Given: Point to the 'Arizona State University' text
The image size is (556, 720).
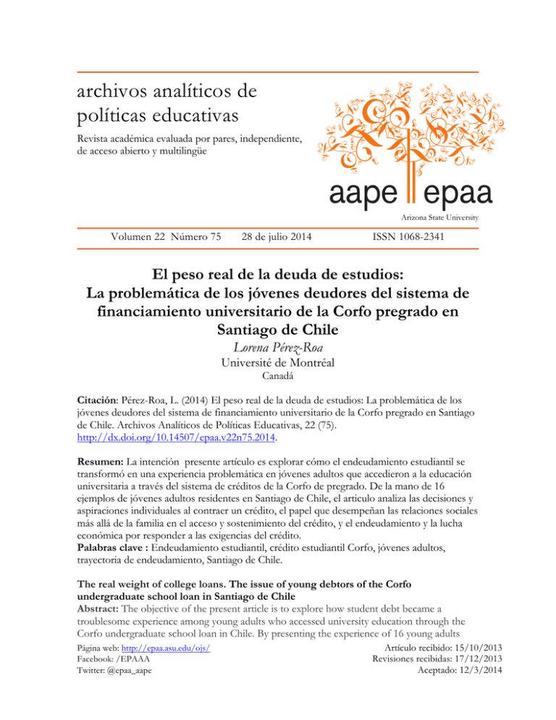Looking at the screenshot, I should coord(442,217).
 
